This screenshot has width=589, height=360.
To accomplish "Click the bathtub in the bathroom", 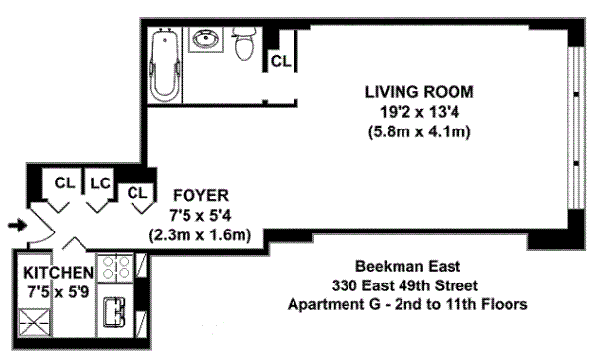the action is (165, 65).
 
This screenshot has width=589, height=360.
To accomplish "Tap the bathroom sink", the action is (205, 39).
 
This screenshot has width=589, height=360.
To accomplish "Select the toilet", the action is (244, 44).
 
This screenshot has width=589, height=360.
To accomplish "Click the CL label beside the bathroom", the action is (281, 61).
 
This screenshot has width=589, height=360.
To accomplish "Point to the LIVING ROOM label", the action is (419, 92).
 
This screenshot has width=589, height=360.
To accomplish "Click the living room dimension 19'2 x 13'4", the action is (419, 112).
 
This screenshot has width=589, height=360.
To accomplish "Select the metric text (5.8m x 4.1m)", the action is (419, 131).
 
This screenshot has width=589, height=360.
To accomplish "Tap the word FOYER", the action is (200, 195).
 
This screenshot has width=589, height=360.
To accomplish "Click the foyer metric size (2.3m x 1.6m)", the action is (200, 235).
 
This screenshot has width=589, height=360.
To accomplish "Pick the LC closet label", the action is (101, 183).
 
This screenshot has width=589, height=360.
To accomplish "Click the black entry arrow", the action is (18, 226).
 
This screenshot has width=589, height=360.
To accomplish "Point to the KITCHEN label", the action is (59, 273).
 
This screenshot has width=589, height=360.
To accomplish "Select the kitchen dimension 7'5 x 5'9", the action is (59, 291).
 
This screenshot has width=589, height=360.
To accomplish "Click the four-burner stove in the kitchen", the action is (115, 268).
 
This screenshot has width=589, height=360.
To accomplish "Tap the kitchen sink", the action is (114, 312).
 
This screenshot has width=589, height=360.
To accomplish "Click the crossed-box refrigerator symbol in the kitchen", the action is (34, 323).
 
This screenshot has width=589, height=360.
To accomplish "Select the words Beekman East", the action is (408, 266).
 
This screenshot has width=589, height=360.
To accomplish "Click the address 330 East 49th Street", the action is (404, 285).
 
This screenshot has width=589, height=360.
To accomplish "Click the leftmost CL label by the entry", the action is (65, 183).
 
